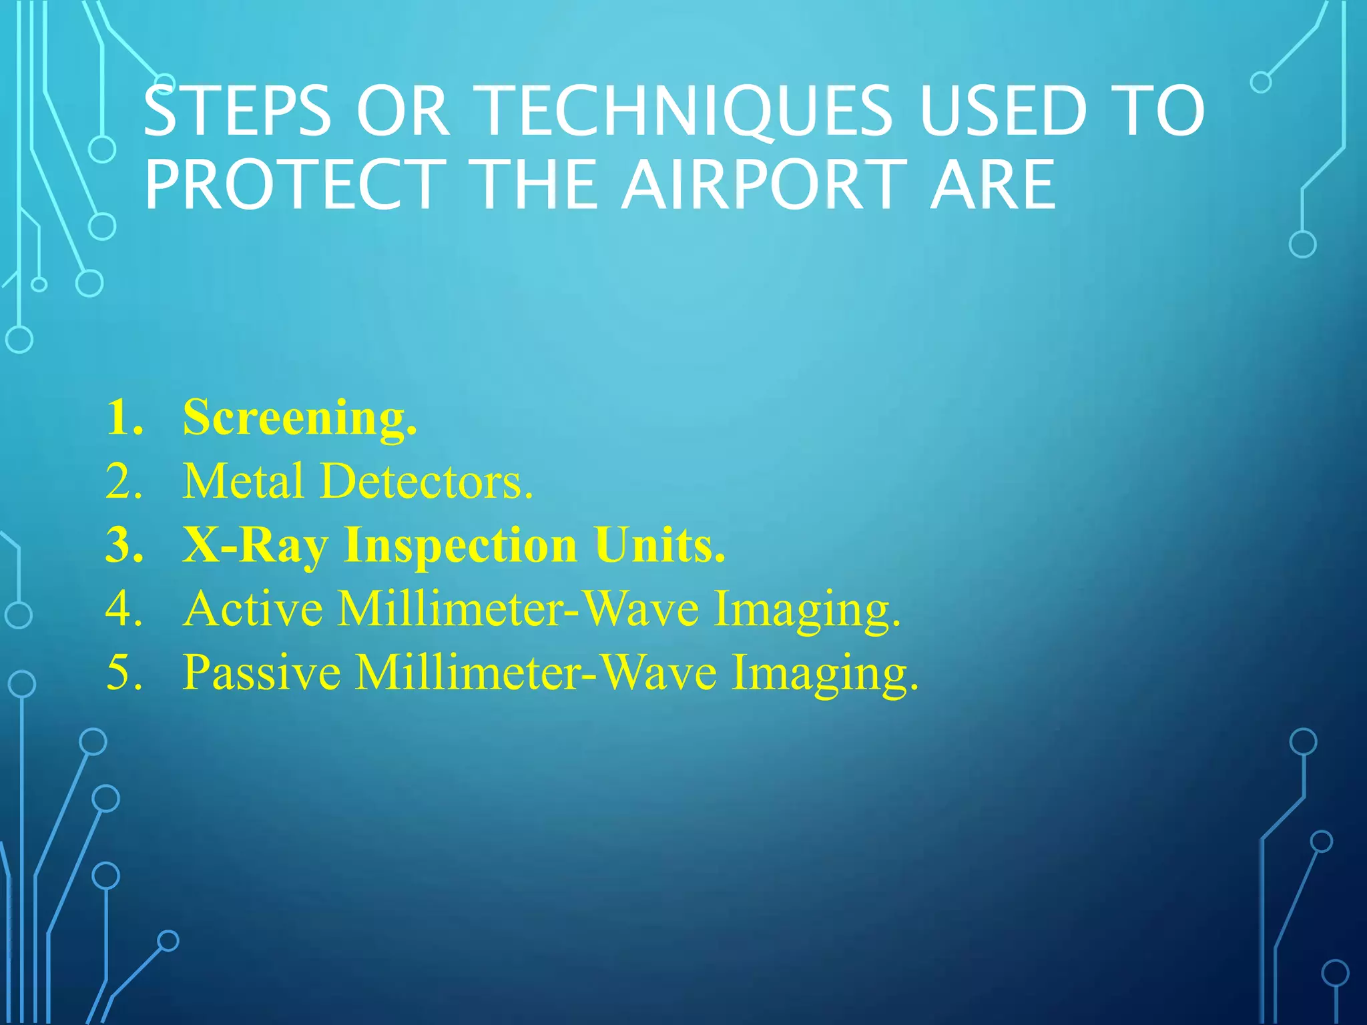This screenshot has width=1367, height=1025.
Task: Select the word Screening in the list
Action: pos(300,418)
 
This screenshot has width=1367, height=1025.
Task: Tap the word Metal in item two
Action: pos(244,480)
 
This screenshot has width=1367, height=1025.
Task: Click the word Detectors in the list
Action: pos(427,480)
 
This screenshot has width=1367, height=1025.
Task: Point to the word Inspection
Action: pos(461,546)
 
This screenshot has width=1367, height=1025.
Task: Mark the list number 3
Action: pos(124,545)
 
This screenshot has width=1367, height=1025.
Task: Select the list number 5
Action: pos(124,672)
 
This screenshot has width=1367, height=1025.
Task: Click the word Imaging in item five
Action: pos(825,673)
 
